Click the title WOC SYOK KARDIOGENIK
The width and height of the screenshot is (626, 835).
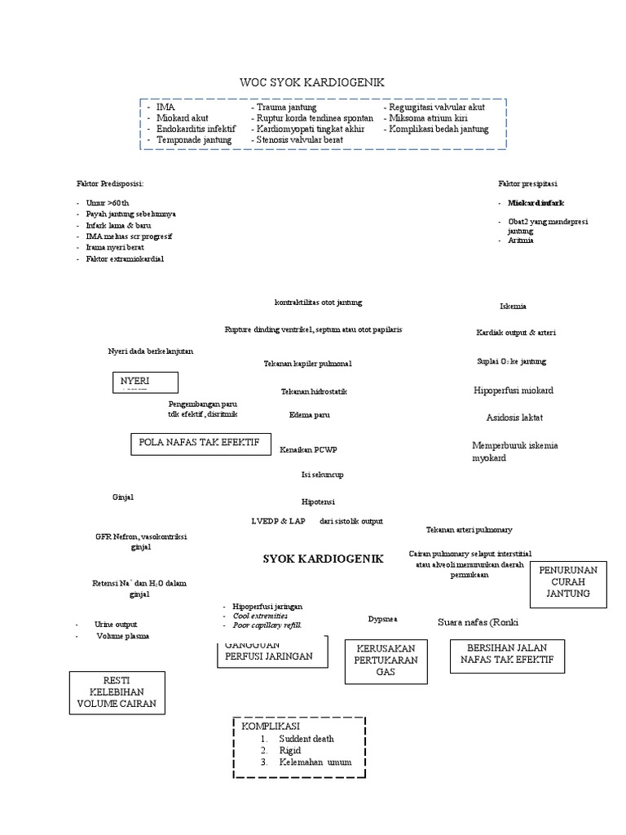(311, 82)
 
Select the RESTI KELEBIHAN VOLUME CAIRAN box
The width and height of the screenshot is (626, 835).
(117, 692)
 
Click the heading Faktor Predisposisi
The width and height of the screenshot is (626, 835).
(109, 183)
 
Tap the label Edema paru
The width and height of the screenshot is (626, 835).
(310, 415)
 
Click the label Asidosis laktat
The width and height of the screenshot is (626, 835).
(514, 417)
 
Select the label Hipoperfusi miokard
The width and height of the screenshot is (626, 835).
(513, 391)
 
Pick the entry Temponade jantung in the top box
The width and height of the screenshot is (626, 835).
(194, 139)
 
